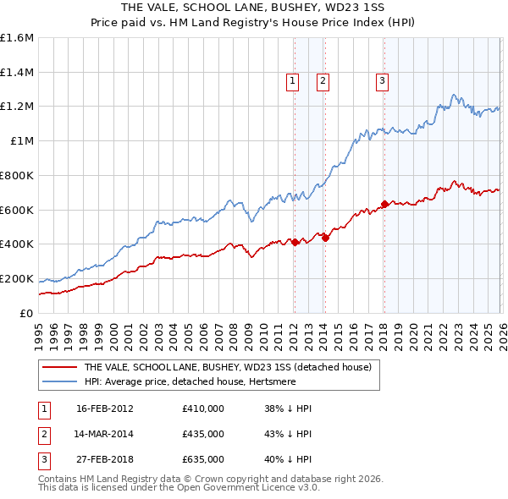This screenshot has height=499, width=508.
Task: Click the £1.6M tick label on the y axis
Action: pos(17,38)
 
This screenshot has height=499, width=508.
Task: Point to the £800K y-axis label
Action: pos(17,175)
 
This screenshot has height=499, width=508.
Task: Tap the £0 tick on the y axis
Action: pos(27,313)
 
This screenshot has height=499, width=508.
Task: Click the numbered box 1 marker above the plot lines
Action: pos(293,81)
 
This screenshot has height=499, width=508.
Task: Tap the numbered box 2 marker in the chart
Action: pos(323,81)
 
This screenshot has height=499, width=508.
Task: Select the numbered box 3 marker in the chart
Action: pos(383,81)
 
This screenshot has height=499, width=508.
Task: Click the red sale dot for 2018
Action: pos(384,204)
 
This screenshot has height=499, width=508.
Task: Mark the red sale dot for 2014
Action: pos(325,238)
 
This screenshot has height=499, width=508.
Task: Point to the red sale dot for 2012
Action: pos(295,242)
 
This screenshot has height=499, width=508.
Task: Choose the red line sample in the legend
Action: pos(59,368)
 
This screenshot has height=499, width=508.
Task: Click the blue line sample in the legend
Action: pos(59,382)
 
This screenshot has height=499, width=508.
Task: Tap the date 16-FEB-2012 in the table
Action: pos(105,409)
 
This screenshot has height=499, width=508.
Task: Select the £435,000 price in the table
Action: pos(203,434)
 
